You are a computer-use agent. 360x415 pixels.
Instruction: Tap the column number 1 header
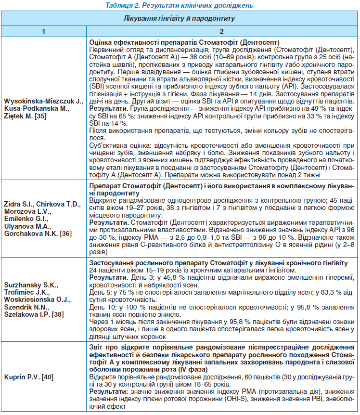click(x=43, y=31)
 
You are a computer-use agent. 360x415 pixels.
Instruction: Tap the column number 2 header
click(x=221, y=31)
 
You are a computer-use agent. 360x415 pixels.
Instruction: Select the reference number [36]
click(x=64, y=233)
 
